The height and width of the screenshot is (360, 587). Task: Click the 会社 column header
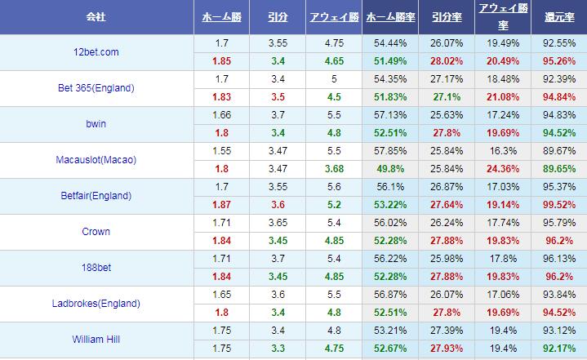[96, 16]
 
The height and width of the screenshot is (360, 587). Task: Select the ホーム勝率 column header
[389, 16]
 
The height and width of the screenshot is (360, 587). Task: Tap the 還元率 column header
[558, 16]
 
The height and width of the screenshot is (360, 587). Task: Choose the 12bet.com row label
[96, 52]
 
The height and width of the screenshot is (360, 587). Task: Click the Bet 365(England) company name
[96, 88]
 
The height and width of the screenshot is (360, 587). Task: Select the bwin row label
[96, 124]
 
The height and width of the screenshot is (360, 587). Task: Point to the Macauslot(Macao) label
[96, 160]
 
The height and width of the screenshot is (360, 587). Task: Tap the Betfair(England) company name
[96, 196]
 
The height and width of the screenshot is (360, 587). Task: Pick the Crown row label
[96, 232]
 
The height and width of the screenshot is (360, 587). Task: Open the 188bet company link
[96, 268]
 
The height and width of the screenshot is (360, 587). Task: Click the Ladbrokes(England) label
[96, 304]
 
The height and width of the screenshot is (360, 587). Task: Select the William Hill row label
[96, 340]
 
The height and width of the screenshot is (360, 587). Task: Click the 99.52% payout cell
[558, 205]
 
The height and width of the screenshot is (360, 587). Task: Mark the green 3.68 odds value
[334, 169]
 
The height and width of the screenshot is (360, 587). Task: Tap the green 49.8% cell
[389, 169]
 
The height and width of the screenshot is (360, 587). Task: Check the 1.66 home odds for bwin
[221, 115]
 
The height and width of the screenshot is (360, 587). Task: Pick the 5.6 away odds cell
[334, 187]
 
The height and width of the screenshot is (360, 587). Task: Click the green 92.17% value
[558, 349]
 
